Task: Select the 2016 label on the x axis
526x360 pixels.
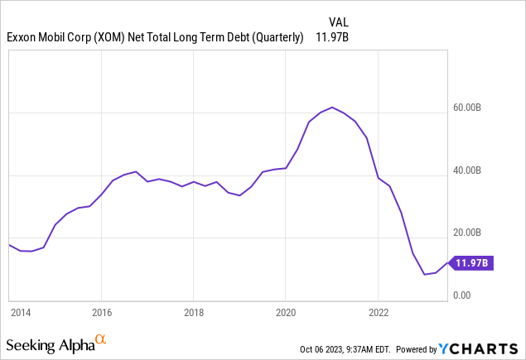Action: (100, 313)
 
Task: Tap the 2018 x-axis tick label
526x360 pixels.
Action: (193, 313)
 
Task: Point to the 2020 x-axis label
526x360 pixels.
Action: (285, 313)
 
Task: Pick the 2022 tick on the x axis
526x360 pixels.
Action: (378, 313)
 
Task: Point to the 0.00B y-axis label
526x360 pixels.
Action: (473, 295)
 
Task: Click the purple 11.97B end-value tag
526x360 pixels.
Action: (473, 263)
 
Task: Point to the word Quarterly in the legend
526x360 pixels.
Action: (272, 37)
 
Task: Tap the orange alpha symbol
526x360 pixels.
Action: (100, 339)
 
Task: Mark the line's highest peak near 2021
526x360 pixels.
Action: (332, 107)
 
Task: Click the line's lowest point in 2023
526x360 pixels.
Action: (424, 274)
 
